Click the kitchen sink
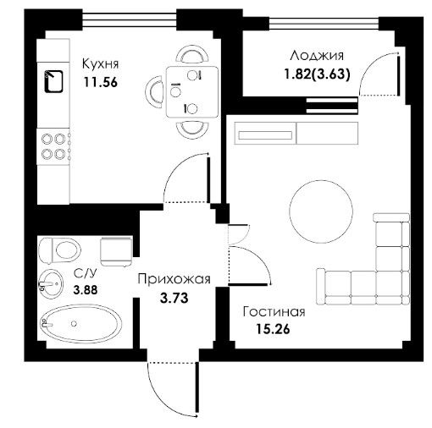pyautogui.click(x=53, y=81)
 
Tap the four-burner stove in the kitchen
pyautogui.click(x=53, y=146)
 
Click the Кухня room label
pyautogui.click(x=100, y=64)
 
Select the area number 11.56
pyautogui.click(x=100, y=82)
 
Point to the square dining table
pyautogui.click(x=192, y=92)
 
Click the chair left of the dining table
pyautogui.click(x=154, y=92)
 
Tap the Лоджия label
pyautogui.click(x=317, y=56)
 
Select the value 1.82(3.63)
pyautogui.click(x=317, y=74)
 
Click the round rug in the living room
pyautogui.click(x=321, y=211)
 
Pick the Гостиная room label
pyautogui.click(x=274, y=312)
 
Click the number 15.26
pyautogui.click(x=273, y=329)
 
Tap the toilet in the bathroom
pyautogui.click(x=59, y=250)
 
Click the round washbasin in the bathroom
pyautogui.click(x=51, y=283)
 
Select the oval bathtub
pyautogui.click(x=81, y=323)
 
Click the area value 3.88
pyautogui.click(x=86, y=289)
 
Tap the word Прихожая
pyautogui.click(x=174, y=279)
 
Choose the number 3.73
pyautogui.click(x=174, y=298)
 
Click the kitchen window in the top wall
pyautogui.click(x=130, y=19)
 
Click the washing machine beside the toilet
pyautogui.click(x=116, y=251)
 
